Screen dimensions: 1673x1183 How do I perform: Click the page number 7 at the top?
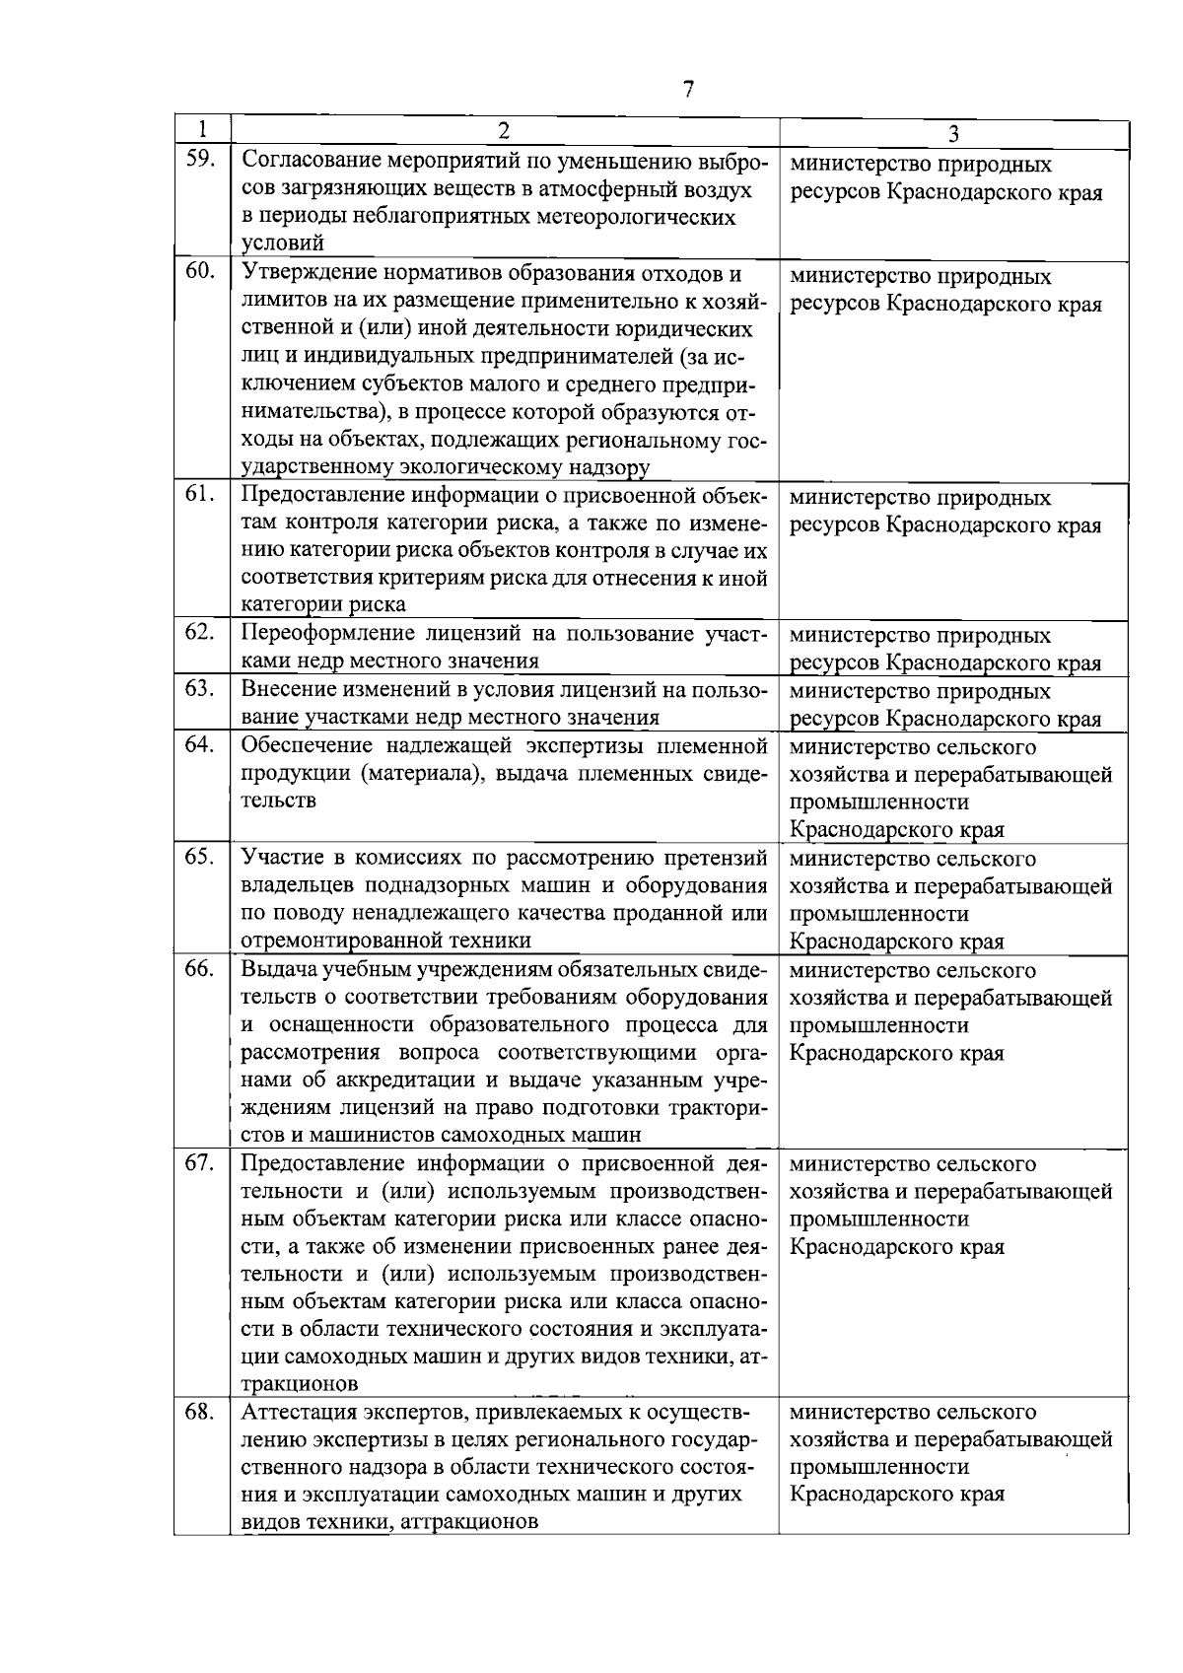click(x=688, y=89)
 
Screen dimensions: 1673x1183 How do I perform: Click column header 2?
click(x=504, y=131)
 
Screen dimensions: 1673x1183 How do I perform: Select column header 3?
click(x=953, y=133)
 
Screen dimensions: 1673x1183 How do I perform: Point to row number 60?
click(x=200, y=270)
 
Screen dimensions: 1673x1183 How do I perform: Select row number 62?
click(x=200, y=632)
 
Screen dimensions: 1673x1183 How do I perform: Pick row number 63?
click(x=200, y=687)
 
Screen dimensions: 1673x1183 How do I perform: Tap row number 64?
click(x=200, y=743)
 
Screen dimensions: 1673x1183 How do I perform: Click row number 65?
click(x=200, y=856)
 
